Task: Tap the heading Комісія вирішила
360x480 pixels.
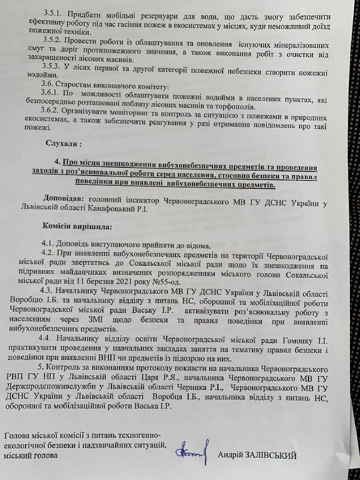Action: [77, 226]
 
